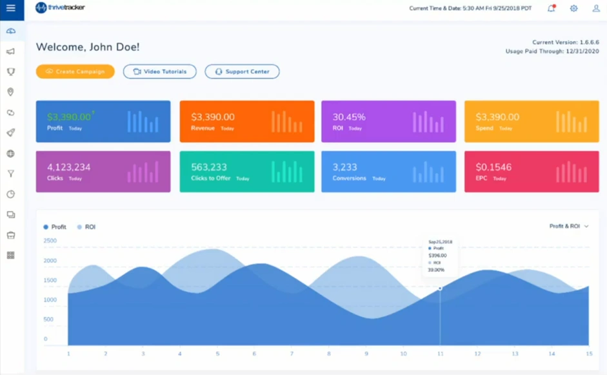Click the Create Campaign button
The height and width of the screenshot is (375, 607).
(75, 72)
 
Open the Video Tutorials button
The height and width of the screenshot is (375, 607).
(159, 72)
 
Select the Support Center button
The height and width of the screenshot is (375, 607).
(242, 72)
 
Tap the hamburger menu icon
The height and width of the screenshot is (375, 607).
(11, 8)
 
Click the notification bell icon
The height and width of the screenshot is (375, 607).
(551, 8)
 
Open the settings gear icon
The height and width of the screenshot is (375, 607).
(573, 8)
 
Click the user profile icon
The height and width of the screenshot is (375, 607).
(596, 8)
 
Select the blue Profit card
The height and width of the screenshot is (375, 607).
(103, 121)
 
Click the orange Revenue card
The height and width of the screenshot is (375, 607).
(246, 121)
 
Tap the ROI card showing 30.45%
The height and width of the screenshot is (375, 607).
(388, 121)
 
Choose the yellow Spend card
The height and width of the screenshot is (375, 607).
(532, 121)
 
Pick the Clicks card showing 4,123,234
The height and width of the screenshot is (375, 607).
(103, 172)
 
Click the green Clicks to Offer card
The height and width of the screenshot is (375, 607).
(246, 172)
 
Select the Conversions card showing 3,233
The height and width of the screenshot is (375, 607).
(388, 172)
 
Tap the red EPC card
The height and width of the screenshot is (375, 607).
(532, 172)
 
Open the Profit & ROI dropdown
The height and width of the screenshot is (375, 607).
(569, 227)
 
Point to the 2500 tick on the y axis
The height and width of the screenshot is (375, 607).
(50, 241)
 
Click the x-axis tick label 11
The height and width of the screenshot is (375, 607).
(440, 354)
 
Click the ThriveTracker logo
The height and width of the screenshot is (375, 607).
(60, 8)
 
